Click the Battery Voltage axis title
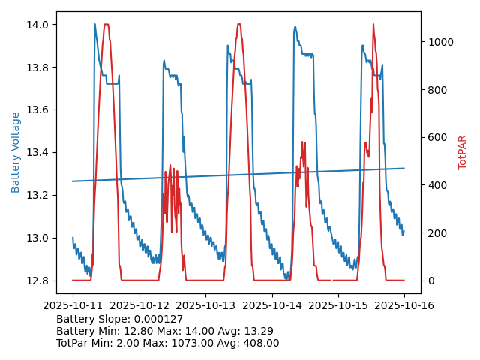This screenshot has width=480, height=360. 16,152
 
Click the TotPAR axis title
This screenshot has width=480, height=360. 463,152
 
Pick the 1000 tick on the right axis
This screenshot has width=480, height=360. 441,42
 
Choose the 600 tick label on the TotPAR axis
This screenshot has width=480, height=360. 438,137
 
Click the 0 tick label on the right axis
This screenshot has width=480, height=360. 430,280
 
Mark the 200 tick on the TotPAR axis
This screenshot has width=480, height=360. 438,232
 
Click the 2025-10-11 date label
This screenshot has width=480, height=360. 73,305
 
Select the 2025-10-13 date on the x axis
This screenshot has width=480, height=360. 205,305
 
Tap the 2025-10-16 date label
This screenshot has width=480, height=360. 404,305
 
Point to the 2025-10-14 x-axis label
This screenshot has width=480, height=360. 272,305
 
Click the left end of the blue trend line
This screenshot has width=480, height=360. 73,181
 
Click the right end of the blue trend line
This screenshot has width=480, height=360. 404,168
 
